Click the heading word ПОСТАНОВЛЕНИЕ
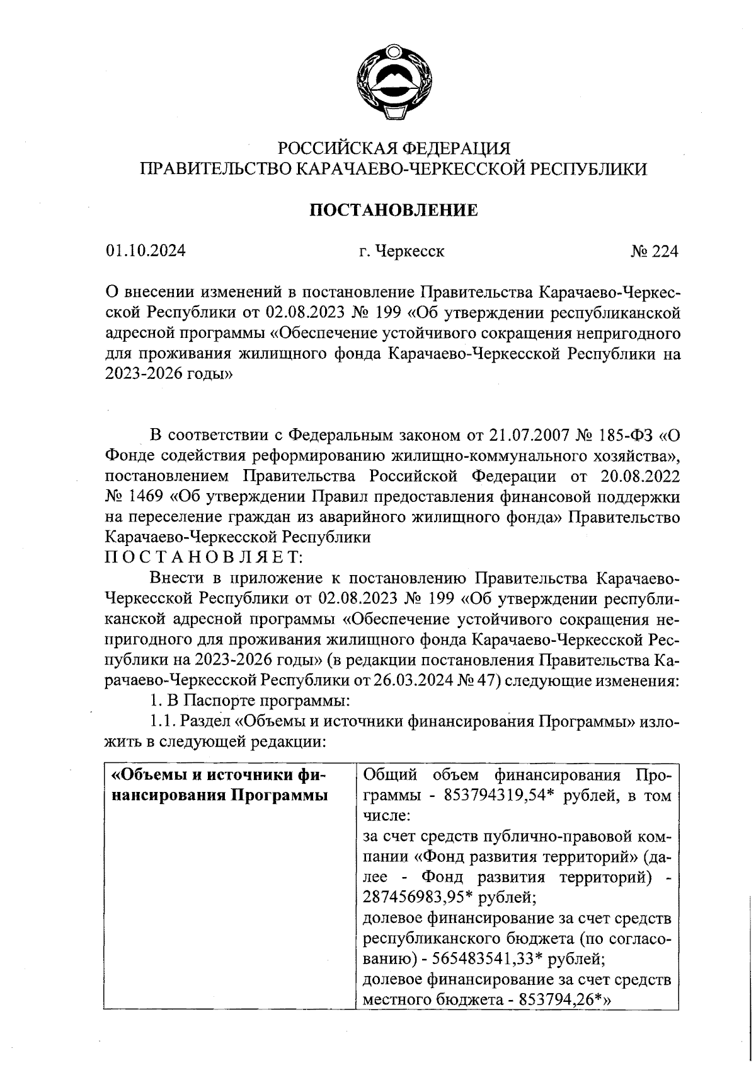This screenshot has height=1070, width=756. coord(392,211)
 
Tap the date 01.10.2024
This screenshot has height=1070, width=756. coord(146,252)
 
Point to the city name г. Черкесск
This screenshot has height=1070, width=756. coord(401,252)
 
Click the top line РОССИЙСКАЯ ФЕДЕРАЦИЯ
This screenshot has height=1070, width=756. coord(394,149)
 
